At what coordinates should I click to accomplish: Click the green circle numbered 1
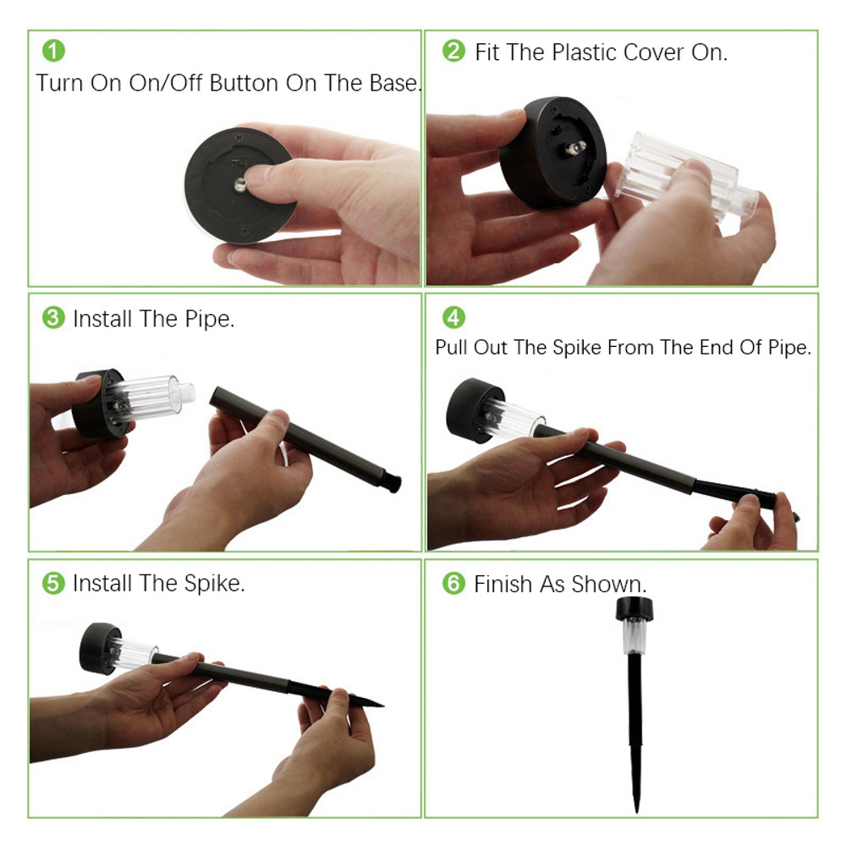53,51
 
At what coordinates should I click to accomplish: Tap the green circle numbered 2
453,51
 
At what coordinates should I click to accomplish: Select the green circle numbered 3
53,318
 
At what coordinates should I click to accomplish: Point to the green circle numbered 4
453,317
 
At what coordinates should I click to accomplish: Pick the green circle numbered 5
53,583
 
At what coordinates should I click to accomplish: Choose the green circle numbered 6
453,583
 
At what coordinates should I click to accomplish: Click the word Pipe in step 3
209,320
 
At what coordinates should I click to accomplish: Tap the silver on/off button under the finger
240,185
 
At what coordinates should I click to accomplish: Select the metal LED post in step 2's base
575,147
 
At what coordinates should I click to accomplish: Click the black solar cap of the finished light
634,609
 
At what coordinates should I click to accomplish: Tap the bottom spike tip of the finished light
637,811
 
